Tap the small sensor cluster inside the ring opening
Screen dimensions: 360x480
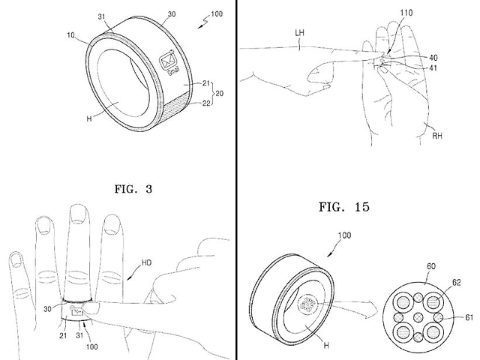click(307, 303)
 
